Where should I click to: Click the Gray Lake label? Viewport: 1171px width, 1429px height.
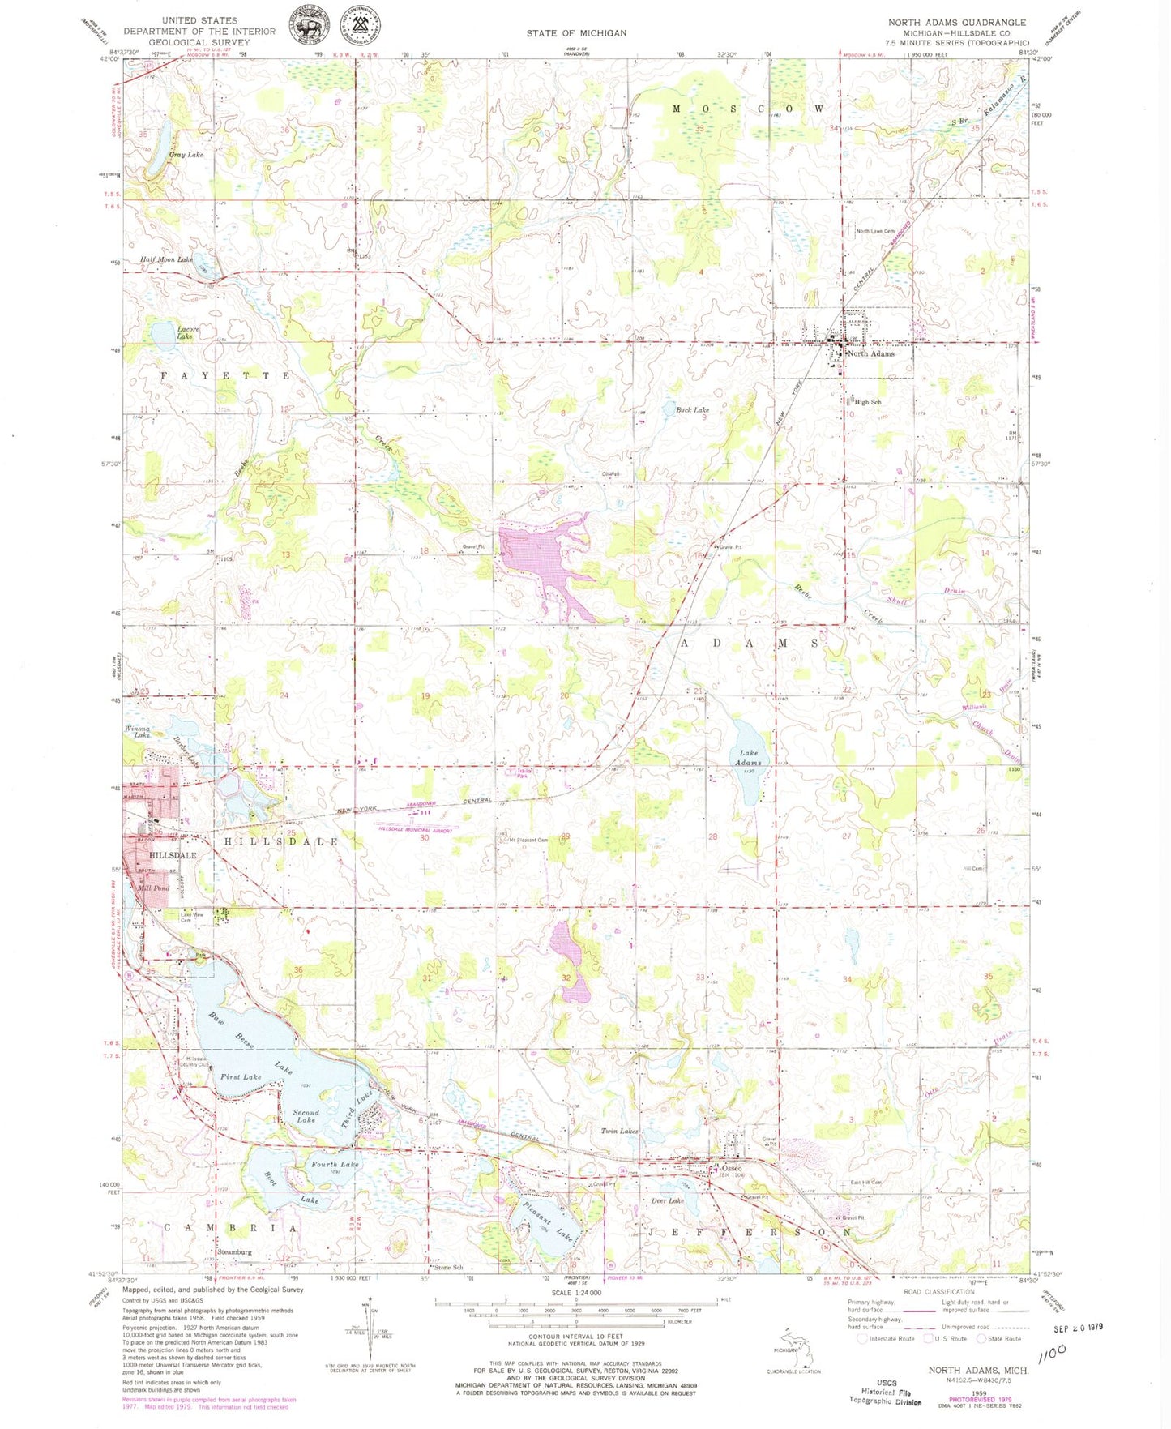(x=186, y=154)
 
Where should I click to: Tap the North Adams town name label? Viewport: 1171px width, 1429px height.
(x=870, y=353)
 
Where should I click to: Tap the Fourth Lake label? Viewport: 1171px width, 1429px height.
(x=335, y=1164)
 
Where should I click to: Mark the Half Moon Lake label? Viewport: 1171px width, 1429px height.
(x=166, y=259)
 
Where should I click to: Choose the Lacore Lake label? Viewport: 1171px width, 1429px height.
(x=185, y=332)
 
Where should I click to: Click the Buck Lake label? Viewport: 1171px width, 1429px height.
(x=692, y=410)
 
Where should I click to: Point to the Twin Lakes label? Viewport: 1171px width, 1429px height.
(x=619, y=1131)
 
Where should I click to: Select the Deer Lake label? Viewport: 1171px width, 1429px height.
(x=668, y=1200)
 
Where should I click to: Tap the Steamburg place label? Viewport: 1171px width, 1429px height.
(x=234, y=1251)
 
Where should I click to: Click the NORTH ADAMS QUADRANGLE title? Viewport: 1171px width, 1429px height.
(x=956, y=23)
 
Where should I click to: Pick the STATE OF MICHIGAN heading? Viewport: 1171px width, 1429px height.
(x=576, y=33)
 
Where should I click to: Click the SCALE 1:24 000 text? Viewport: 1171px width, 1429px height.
(x=576, y=1293)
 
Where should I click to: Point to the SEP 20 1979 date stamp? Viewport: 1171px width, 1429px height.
(x=1079, y=1328)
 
